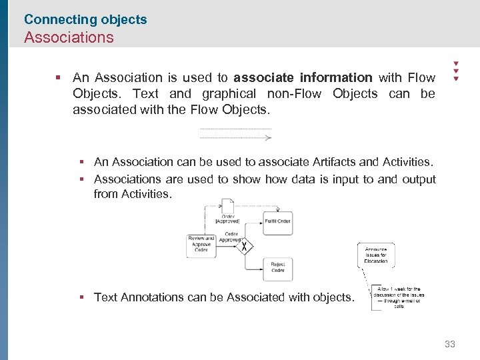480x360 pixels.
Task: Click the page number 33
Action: tap(450, 344)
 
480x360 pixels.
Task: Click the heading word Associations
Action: tap(69, 37)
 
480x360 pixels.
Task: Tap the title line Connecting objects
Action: tap(85, 19)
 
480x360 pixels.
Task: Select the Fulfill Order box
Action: tap(277, 222)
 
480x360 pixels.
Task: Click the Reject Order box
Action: tap(277, 268)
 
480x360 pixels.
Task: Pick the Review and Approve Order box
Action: tap(201, 245)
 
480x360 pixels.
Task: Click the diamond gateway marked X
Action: tap(245, 247)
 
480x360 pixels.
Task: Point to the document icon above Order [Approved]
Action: tap(228, 205)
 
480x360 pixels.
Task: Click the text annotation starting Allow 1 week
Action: tap(399, 297)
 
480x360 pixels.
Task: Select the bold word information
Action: tap(336, 78)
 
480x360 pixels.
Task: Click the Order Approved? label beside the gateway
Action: tap(231, 237)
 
